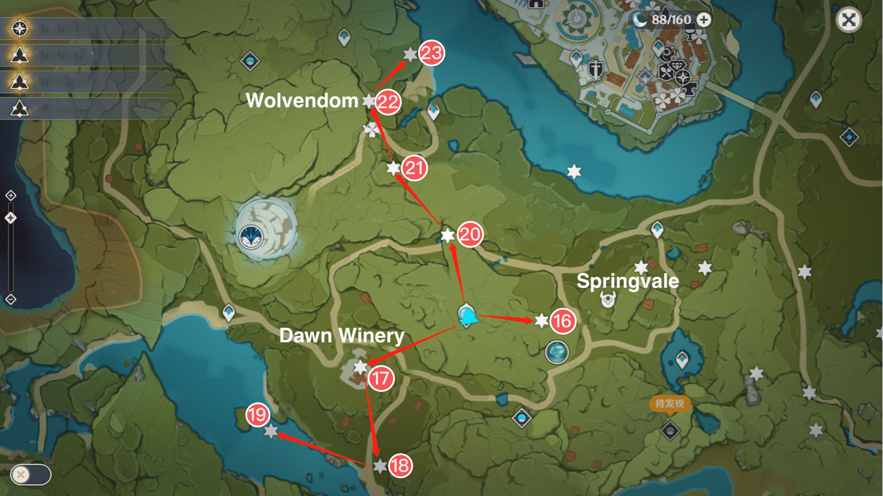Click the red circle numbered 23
[x=431, y=53]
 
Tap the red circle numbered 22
[x=388, y=102]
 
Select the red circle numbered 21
[x=414, y=168]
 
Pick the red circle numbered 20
[x=470, y=235]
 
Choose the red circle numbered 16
[x=562, y=321]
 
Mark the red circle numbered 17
[x=381, y=378]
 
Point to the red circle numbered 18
[x=400, y=466]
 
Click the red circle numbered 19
[x=257, y=415]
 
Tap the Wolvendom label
[x=302, y=101]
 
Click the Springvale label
[x=628, y=281]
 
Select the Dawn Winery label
[x=342, y=336]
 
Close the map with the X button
[x=848, y=20]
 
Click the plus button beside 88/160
[x=704, y=20]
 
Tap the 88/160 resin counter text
[x=671, y=20]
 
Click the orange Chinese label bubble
[x=669, y=404]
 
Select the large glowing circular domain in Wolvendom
[x=266, y=229]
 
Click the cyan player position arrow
[x=468, y=317]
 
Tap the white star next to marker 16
[x=541, y=321]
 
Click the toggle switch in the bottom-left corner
[x=30, y=475]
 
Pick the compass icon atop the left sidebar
[x=19, y=29]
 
